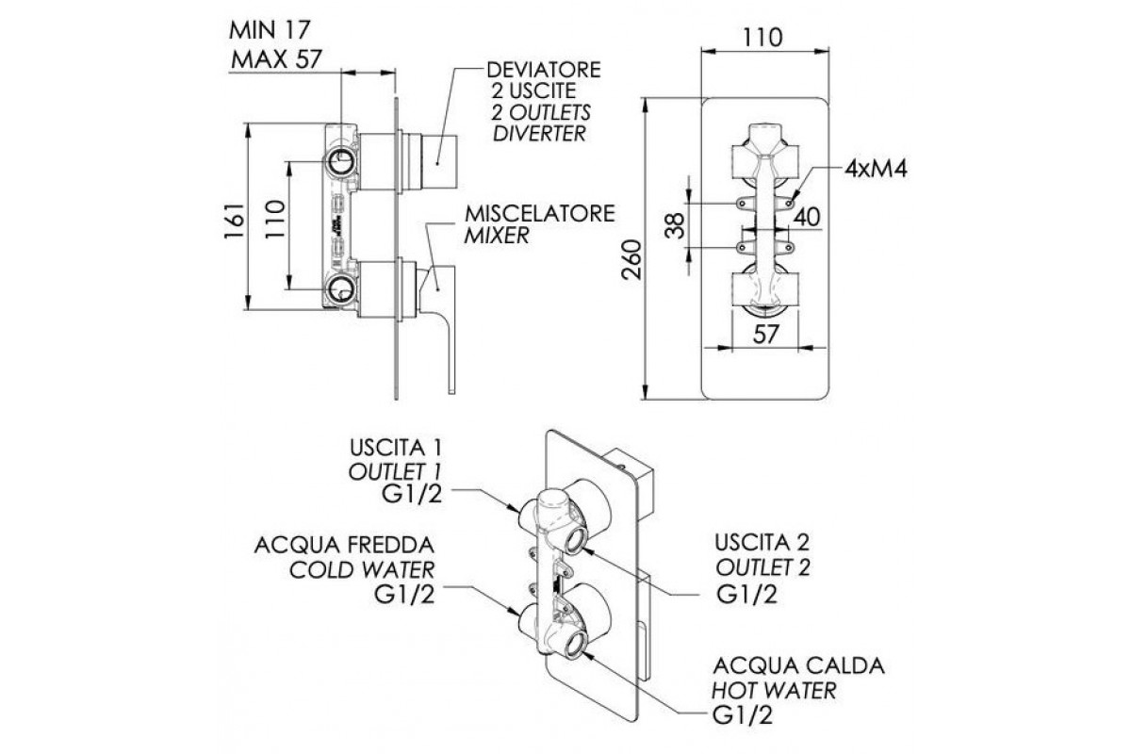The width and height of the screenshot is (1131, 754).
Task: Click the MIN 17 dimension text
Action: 270,30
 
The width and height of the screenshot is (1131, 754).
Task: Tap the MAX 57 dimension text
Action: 276,59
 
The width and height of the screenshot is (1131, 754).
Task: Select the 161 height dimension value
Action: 236,221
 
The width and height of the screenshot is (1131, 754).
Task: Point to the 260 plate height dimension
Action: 631,259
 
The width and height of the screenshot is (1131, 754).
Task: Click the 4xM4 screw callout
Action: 876,170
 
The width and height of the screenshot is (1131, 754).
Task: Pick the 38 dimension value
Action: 676,225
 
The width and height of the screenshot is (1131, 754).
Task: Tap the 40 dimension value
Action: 808,217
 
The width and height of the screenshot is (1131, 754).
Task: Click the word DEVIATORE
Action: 544,70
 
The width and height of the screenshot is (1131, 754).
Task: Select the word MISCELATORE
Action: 540,214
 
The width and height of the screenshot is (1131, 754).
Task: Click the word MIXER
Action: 497,236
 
